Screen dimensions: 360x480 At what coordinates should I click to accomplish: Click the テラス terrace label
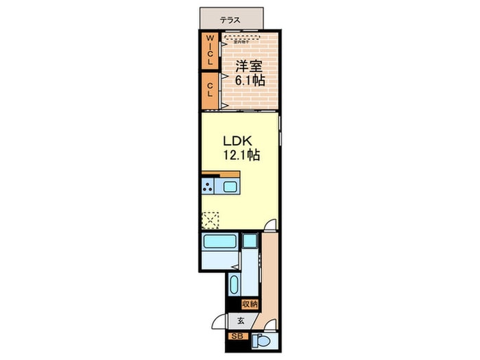tap(230, 20)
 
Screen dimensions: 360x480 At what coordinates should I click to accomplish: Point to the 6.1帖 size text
tap(250, 80)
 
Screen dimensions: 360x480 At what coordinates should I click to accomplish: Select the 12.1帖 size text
tap(240, 156)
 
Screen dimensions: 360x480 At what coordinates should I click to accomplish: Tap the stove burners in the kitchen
tap(208, 187)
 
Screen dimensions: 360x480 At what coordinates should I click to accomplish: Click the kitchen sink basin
tap(229, 187)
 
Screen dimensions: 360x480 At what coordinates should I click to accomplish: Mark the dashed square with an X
tap(211, 220)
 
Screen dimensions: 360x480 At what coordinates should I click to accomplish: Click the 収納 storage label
tap(249, 304)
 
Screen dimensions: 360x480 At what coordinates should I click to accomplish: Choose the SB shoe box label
tap(237, 337)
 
